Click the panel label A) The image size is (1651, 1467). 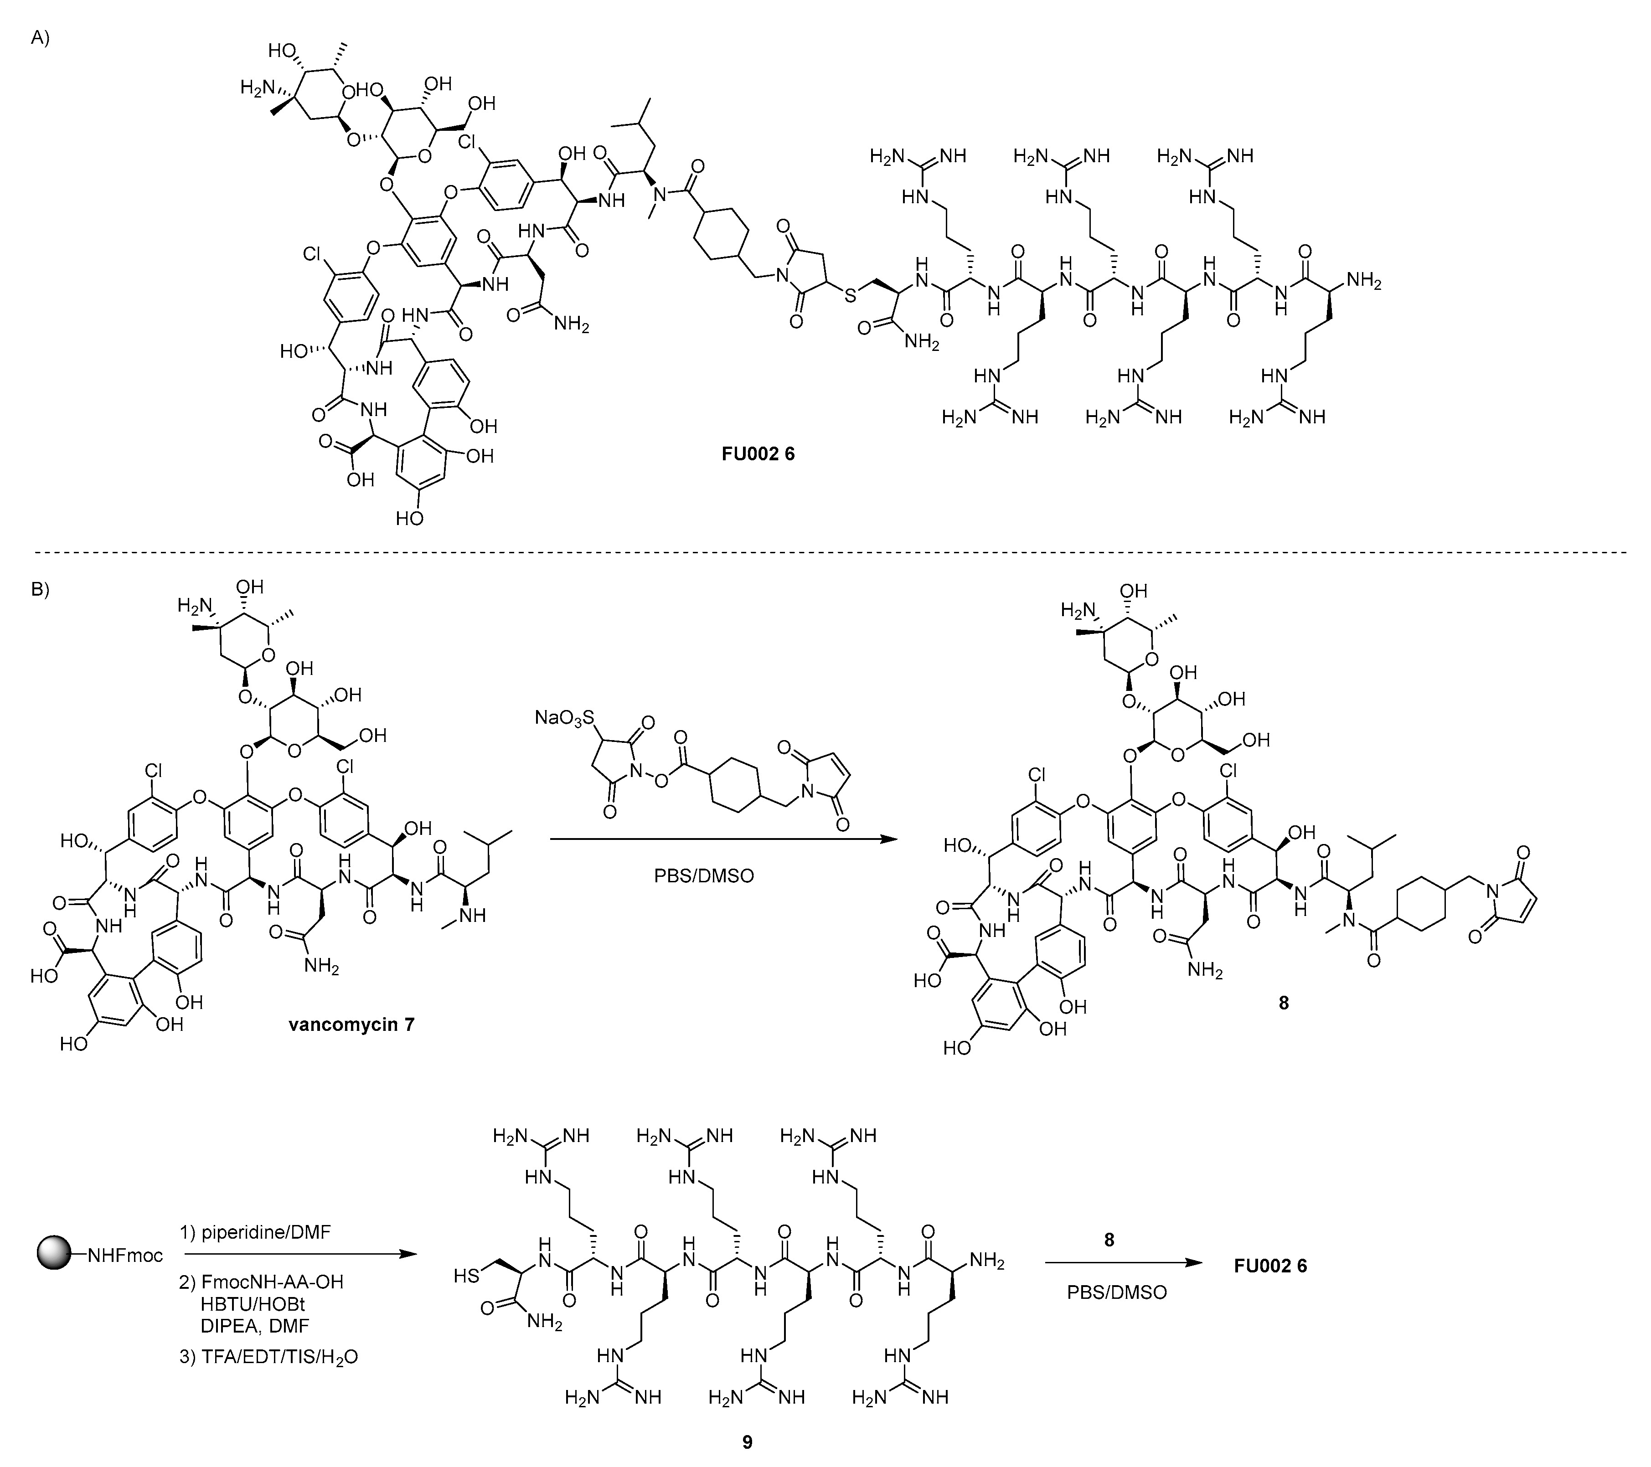point(41,38)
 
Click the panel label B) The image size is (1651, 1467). point(41,589)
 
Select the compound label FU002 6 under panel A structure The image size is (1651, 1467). point(758,454)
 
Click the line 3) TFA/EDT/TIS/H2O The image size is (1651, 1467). point(268,1356)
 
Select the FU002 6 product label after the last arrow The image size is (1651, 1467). point(1270,1266)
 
